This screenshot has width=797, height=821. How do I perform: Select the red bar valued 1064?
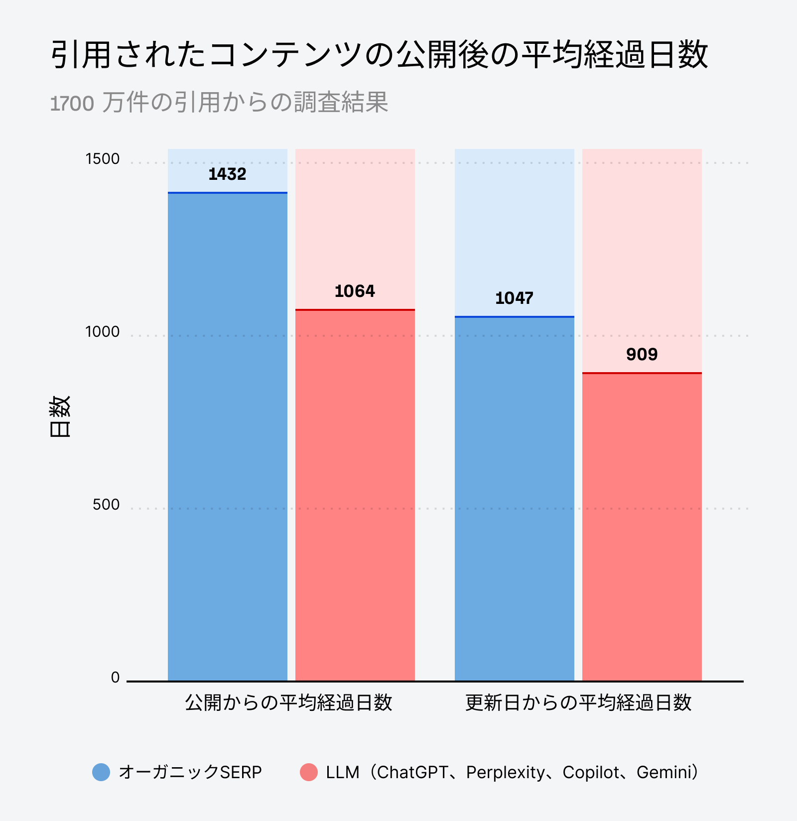[x=355, y=495]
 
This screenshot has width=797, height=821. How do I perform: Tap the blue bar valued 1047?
[x=515, y=498]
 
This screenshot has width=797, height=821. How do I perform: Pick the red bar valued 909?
[x=642, y=527]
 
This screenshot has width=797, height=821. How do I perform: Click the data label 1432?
[x=228, y=174]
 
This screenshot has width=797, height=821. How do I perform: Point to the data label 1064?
[x=355, y=291]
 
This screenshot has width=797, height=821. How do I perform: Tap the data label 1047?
[x=514, y=298]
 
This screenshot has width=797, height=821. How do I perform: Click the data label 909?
[x=642, y=355]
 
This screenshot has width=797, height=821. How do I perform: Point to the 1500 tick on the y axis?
[x=103, y=159]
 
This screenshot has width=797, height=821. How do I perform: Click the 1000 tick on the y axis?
[x=103, y=332]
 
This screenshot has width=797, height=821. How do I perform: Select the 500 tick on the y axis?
[x=106, y=505]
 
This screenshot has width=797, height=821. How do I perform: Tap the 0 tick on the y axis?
[x=115, y=678]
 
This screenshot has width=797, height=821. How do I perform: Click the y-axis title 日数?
[x=60, y=416]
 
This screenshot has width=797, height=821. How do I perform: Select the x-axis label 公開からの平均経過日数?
[x=288, y=703]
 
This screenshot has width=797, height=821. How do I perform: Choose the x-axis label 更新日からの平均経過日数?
[x=578, y=703]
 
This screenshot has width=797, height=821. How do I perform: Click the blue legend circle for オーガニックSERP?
[x=101, y=772]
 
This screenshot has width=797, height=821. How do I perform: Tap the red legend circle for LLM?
[x=309, y=772]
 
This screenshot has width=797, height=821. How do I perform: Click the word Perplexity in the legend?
[x=506, y=772]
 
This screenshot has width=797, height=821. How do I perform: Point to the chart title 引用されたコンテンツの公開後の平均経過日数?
[x=379, y=54]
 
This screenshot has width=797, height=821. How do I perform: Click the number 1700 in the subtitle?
[x=72, y=104]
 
